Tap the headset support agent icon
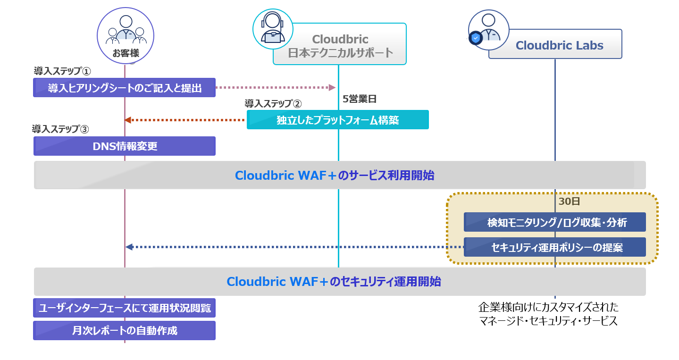pyautogui.click(x=273, y=29)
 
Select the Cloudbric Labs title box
pyautogui.click(x=555, y=44)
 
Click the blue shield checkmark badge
pyautogui.click(x=476, y=38)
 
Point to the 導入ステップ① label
pyautogui.click(x=62, y=71)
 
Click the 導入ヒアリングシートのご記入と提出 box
pyautogui.click(x=124, y=88)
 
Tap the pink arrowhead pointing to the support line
pyautogui.click(x=332, y=88)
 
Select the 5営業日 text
pyautogui.click(x=360, y=99)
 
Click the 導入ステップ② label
pyautogui.click(x=273, y=104)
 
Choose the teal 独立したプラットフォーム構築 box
pyautogui.click(x=338, y=120)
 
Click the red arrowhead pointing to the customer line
pyautogui.click(x=128, y=120)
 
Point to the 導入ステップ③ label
pyautogui.click(x=60, y=129)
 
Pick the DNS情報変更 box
pyautogui.click(x=125, y=146)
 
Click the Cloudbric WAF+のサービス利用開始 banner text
pyautogui.click(x=335, y=176)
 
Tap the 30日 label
pyautogui.click(x=569, y=201)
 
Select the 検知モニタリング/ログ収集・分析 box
pyautogui.click(x=555, y=222)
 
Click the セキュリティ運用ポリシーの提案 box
pyautogui.click(x=555, y=247)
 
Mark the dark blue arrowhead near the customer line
pyautogui.click(x=129, y=247)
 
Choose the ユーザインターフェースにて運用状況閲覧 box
pyautogui.click(x=124, y=308)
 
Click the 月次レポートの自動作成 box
pyautogui.click(x=124, y=331)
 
